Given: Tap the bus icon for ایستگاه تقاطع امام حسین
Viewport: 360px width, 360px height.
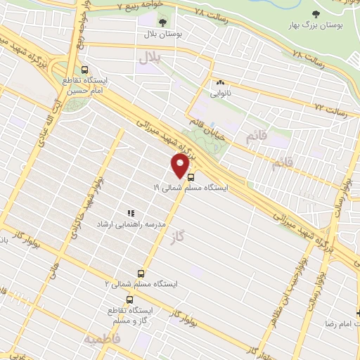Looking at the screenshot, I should (85, 70).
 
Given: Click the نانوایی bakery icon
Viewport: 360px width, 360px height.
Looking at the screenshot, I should (221, 82).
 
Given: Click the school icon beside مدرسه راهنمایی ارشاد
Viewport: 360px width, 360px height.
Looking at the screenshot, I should (130, 212).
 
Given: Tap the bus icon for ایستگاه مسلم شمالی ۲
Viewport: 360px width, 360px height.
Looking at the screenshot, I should (141, 273).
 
